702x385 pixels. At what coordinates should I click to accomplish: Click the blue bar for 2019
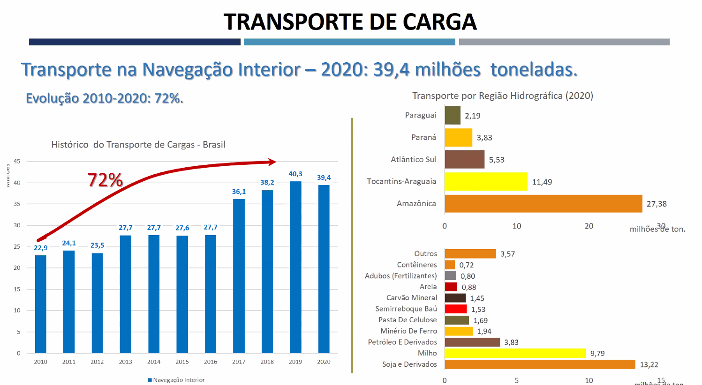(295, 267)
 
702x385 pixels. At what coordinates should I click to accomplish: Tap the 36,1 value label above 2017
(239, 192)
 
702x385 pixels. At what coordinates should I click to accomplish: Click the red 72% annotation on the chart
(105, 180)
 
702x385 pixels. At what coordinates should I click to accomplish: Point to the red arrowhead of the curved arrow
(272, 162)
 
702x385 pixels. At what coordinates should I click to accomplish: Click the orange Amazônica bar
(543, 204)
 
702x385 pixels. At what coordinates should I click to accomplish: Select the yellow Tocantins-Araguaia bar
(486, 182)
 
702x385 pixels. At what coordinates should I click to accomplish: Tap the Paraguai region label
(420, 115)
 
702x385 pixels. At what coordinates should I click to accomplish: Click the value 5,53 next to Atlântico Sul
(497, 160)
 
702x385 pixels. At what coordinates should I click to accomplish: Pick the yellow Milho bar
(515, 353)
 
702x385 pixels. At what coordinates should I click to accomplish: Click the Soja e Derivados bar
(539, 364)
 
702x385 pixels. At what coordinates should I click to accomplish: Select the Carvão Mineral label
(411, 298)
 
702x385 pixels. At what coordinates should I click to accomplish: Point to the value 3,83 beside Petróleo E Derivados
(511, 342)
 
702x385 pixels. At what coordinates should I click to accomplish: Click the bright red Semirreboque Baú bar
(455, 309)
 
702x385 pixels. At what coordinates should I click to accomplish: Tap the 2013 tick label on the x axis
(125, 362)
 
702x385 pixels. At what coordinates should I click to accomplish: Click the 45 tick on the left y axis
(17, 162)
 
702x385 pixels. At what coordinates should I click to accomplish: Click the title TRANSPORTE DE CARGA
(350, 22)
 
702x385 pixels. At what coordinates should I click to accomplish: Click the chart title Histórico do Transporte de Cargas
(138, 145)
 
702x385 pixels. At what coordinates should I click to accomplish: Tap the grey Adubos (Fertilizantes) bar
(450, 276)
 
